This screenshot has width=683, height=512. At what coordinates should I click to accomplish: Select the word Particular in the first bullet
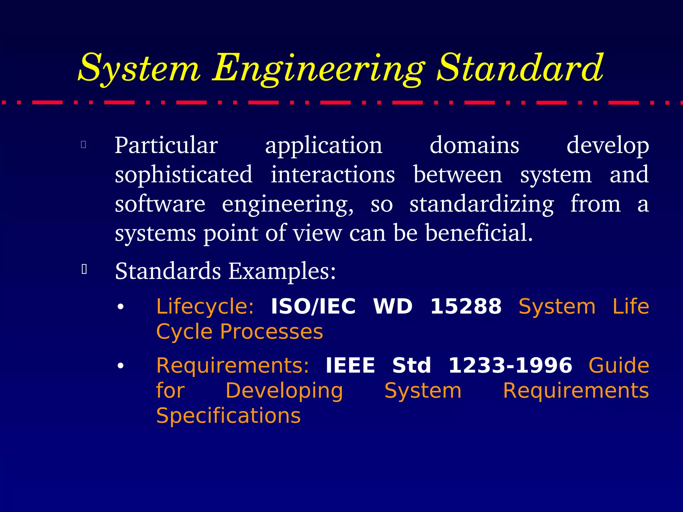pyautogui.click(x=166, y=145)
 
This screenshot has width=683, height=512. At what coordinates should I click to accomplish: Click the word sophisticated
pyautogui.click(x=183, y=175)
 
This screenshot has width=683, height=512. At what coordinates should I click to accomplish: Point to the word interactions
pyautogui.click(x=332, y=175)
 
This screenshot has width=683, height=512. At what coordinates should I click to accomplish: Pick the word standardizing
pyautogui.click(x=482, y=204)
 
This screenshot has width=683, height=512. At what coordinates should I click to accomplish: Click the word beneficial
pyautogui.click(x=479, y=233)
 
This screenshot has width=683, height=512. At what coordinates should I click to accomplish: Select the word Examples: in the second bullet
pyautogui.click(x=282, y=271)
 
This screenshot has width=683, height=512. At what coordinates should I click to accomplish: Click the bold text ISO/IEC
pyautogui.click(x=313, y=306)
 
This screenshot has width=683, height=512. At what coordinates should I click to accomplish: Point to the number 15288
pyautogui.click(x=466, y=306)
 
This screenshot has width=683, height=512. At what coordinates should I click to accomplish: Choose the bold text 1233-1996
pyautogui.click(x=510, y=365)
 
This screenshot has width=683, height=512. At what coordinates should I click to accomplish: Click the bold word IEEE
pyautogui.click(x=350, y=365)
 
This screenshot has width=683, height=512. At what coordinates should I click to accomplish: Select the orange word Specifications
pyautogui.click(x=228, y=416)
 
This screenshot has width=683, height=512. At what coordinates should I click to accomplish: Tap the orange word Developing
pyautogui.click(x=284, y=391)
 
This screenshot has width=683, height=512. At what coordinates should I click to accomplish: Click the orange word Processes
pyautogui.click(x=271, y=332)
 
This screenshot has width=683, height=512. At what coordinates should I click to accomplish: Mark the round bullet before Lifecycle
pyautogui.click(x=121, y=307)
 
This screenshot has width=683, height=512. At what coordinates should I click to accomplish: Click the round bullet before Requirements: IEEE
pyautogui.click(x=121, y=366)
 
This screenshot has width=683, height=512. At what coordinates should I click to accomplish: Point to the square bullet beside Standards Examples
pyautogui.click(x=84, y=269)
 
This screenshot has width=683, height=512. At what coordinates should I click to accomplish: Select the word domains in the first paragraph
pyautogui.click(x=474, y=145)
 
